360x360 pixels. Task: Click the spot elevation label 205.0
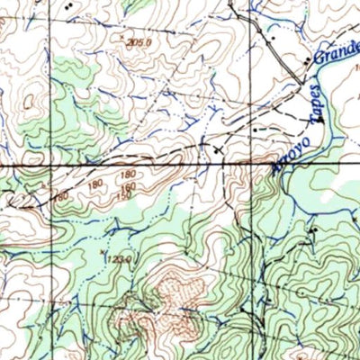pos(136,43)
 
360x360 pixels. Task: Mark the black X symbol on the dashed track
pos(215,145)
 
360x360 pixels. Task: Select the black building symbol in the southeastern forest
pos(314,231)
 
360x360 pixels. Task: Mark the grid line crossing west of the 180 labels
pos(50,167)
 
